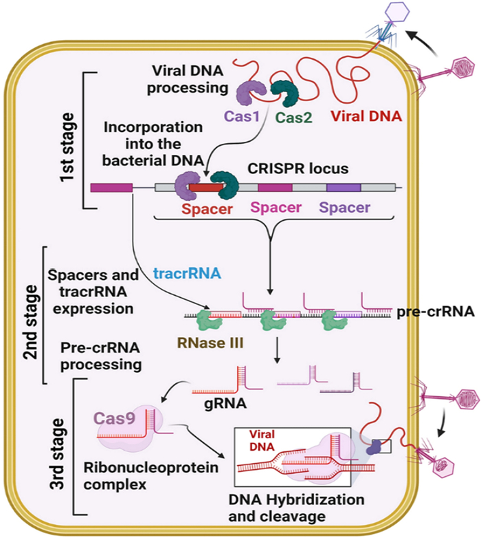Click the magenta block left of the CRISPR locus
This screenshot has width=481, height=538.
pos(111,186)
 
